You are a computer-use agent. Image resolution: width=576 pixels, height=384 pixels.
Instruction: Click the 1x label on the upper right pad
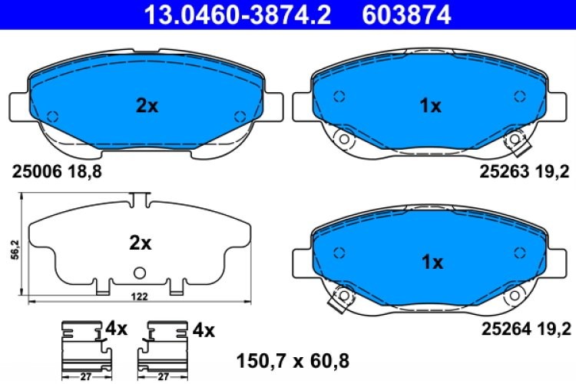[431, 107]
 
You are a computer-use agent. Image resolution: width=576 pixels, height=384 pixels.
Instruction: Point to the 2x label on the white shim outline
[140, 243]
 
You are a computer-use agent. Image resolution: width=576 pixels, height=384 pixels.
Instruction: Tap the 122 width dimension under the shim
[139, 296]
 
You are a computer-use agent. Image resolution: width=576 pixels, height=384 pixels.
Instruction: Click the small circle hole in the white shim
[140, 272]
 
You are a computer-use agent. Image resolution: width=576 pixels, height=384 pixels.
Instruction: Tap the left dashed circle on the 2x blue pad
[52, 117]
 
